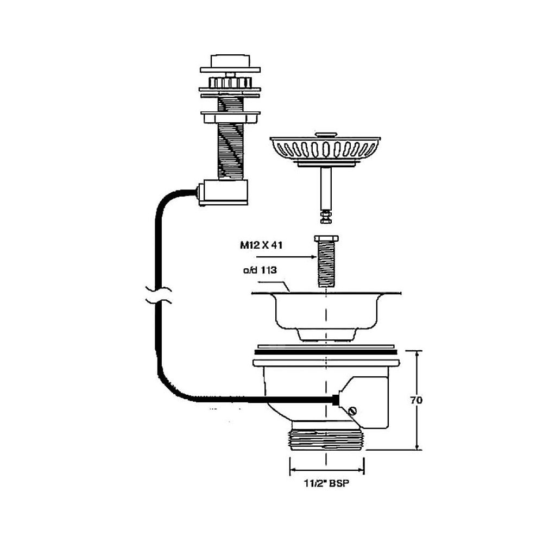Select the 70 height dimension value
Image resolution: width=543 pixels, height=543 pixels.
click(417, 401)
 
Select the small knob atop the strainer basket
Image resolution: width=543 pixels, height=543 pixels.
click(326, 132)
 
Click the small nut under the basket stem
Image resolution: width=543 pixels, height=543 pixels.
click(326, 217)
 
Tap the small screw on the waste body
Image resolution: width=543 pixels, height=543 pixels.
click(355, 412)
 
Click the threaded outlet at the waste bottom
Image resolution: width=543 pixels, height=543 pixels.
click(326, 438)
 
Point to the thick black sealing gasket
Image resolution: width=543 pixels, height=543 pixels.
click(326, 352)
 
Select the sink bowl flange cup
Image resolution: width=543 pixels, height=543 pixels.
click(326, 312)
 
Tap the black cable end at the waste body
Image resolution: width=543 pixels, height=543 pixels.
click(336, 400)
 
